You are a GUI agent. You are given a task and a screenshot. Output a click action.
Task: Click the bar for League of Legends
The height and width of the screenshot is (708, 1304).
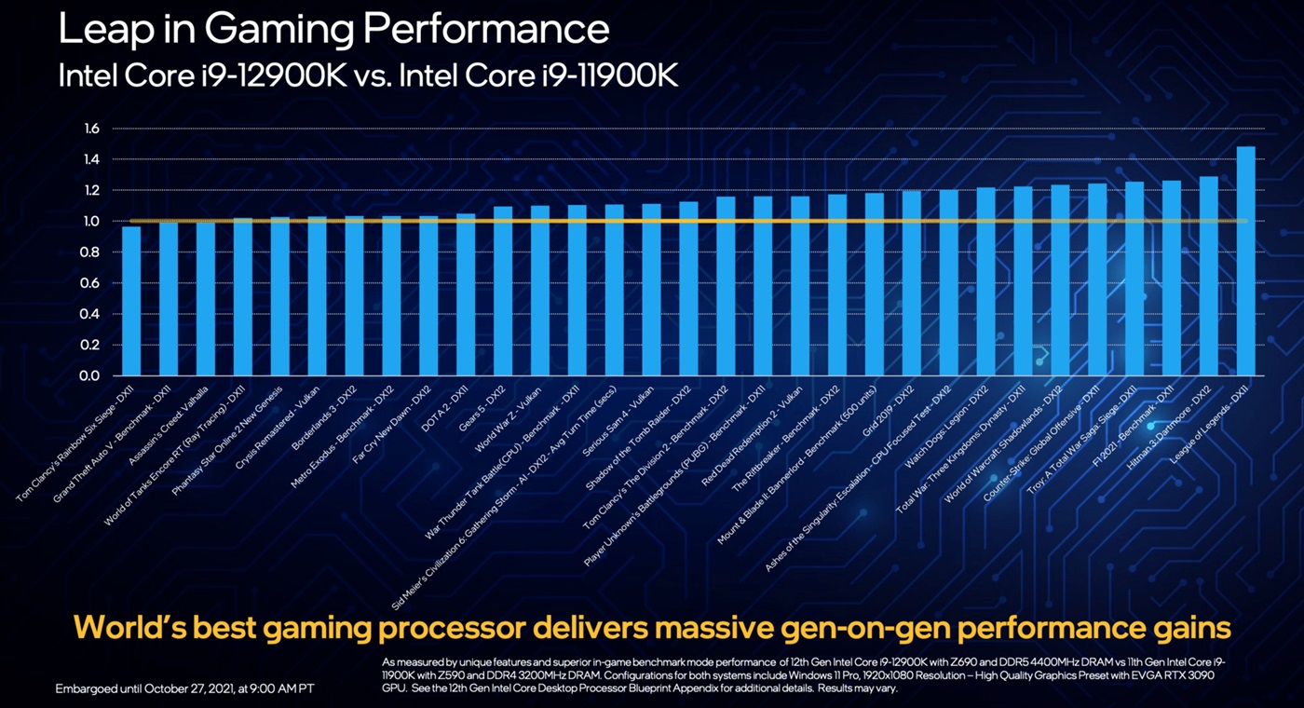pyautogui.click(x=1245, y=261)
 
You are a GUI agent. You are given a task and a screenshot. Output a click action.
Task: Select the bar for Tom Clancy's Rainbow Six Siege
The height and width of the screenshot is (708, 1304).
pyautogui.click(x=131, y=300)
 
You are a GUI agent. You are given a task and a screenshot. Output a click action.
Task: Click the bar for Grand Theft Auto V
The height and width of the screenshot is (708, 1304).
pyautogui.click(x=169, y=298)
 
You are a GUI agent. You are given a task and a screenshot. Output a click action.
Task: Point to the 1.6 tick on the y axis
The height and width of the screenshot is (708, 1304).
pyautogui.click(x=90, y=129)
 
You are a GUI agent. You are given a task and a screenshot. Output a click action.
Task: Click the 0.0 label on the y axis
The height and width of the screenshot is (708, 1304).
pyautogui.click(x=90, y=376)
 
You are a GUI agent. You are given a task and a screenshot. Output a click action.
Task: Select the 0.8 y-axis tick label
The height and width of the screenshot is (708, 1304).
pyautogui.click(x=90, y=252)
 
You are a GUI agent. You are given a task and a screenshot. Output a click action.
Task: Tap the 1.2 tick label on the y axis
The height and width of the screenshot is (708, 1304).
pyautogui.click(x=90, y=191)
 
